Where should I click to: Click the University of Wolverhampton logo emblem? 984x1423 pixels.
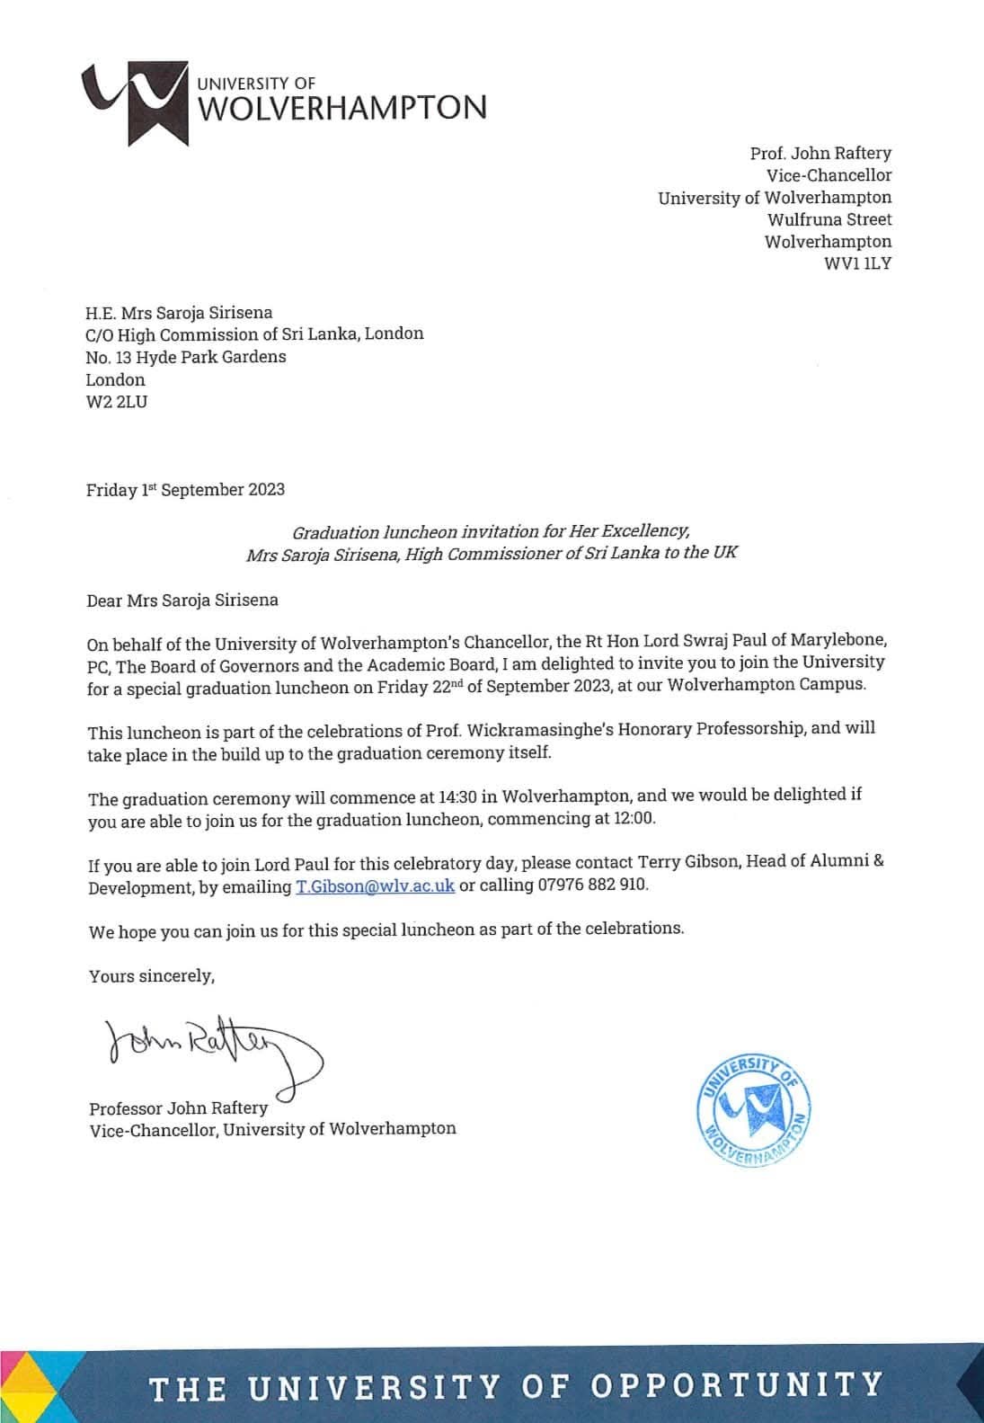pos(135,100)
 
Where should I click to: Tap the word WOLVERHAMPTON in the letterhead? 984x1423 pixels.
pos(341,109)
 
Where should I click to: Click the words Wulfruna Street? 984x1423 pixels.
pos(829,219)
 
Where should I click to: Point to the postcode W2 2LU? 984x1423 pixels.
pos(117,402)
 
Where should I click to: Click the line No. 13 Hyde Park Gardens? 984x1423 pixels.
pos(186,357)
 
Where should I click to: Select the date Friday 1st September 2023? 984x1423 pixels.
pos(185,490)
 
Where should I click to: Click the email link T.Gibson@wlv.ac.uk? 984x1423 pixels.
pos(375,885)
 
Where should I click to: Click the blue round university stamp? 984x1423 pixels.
pos(753,1109)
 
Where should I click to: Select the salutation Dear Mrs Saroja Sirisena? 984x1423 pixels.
pos(182,600)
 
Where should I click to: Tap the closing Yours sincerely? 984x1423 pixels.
pos(152,975)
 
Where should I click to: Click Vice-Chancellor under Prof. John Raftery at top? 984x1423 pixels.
pos(829,175)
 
